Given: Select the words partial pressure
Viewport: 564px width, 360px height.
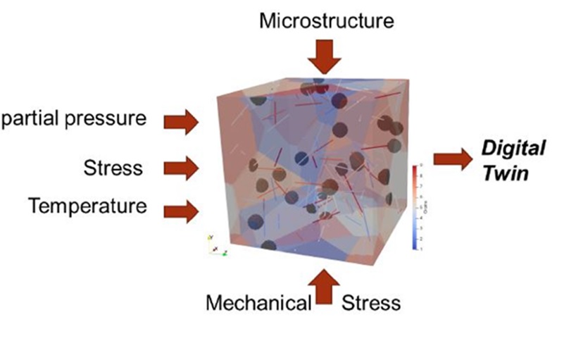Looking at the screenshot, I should point(73,118).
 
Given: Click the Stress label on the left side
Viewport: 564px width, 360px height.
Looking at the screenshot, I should point(113,168).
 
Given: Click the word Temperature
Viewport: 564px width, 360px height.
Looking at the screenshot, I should point(88,206).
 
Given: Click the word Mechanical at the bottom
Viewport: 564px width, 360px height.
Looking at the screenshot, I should point(258,303).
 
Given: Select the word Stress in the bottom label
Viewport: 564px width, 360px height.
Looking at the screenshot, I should point(371,303).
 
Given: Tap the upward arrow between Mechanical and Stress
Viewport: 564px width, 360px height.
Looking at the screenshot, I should point(325,287).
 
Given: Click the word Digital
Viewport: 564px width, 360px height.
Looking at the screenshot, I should point(513,149).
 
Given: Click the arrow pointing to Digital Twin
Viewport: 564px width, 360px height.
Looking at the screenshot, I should point(452,159).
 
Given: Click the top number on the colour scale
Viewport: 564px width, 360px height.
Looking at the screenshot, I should point(421,166).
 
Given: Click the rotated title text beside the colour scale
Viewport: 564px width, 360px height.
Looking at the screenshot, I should point(427,208).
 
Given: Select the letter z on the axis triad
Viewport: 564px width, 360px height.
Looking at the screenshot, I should point(223,252).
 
